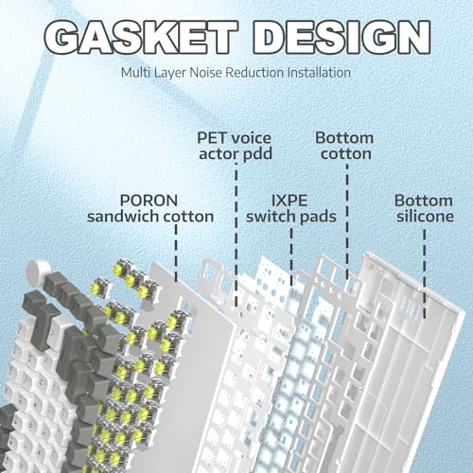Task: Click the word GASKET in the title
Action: coord(141,37)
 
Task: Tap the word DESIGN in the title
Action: coord(342,37)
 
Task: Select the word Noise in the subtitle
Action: coord(206,73)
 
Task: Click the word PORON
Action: coord(149,201)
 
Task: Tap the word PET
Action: coord(212,138)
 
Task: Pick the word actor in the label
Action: coord(219,154)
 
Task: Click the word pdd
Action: coord(257,154)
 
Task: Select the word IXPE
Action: coord(289,201)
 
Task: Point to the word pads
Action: coord(318,217)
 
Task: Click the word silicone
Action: coord(425,217)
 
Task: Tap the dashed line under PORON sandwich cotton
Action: coord(176,253)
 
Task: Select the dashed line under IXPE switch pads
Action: coord(291,257)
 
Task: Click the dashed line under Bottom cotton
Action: coord(347,221)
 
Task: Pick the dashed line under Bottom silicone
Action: coord(425,273)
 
